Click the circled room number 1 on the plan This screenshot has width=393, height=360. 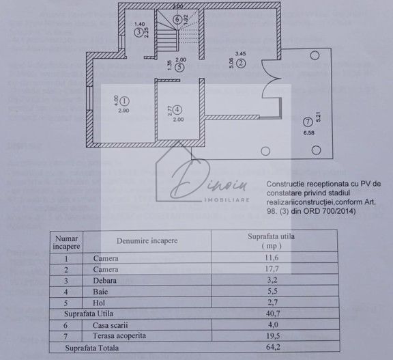(124, 101)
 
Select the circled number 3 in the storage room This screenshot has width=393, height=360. (139, 32)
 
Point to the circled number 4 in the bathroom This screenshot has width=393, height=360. (177, 109)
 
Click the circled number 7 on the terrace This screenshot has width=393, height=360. (305, 122)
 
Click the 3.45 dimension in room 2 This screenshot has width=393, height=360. (240, 53)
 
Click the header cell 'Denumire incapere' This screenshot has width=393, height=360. (147, 241)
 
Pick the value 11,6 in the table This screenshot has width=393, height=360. (273, 259)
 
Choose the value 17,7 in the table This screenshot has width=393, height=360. (273, 270)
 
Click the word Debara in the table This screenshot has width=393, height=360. (105, 281)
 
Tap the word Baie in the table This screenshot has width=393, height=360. (101, 292)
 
